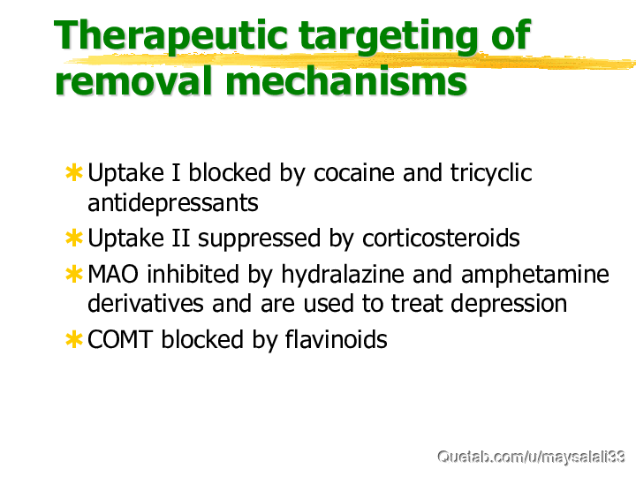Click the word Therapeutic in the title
[x=170, y=36]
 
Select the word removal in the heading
[x=134, y=80]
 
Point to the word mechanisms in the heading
[x=346, y=80]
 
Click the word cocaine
[x=353, y=173]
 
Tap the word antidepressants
[x=173, y=203]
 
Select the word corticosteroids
[x=441, y=238]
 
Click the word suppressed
[x=259, y=239]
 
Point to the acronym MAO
[x=113, y=274]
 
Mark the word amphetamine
[x=535, y=275]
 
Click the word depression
[x=509, y=304]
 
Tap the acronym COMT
[x=120, y=339]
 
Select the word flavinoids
[x=337, y=338]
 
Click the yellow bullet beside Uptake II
[x=74, y=238]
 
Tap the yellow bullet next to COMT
[x=74, y=339]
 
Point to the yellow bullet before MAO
[x=74, y=274]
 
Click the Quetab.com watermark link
[x=531, y=457]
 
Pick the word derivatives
[x=146, y=303]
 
